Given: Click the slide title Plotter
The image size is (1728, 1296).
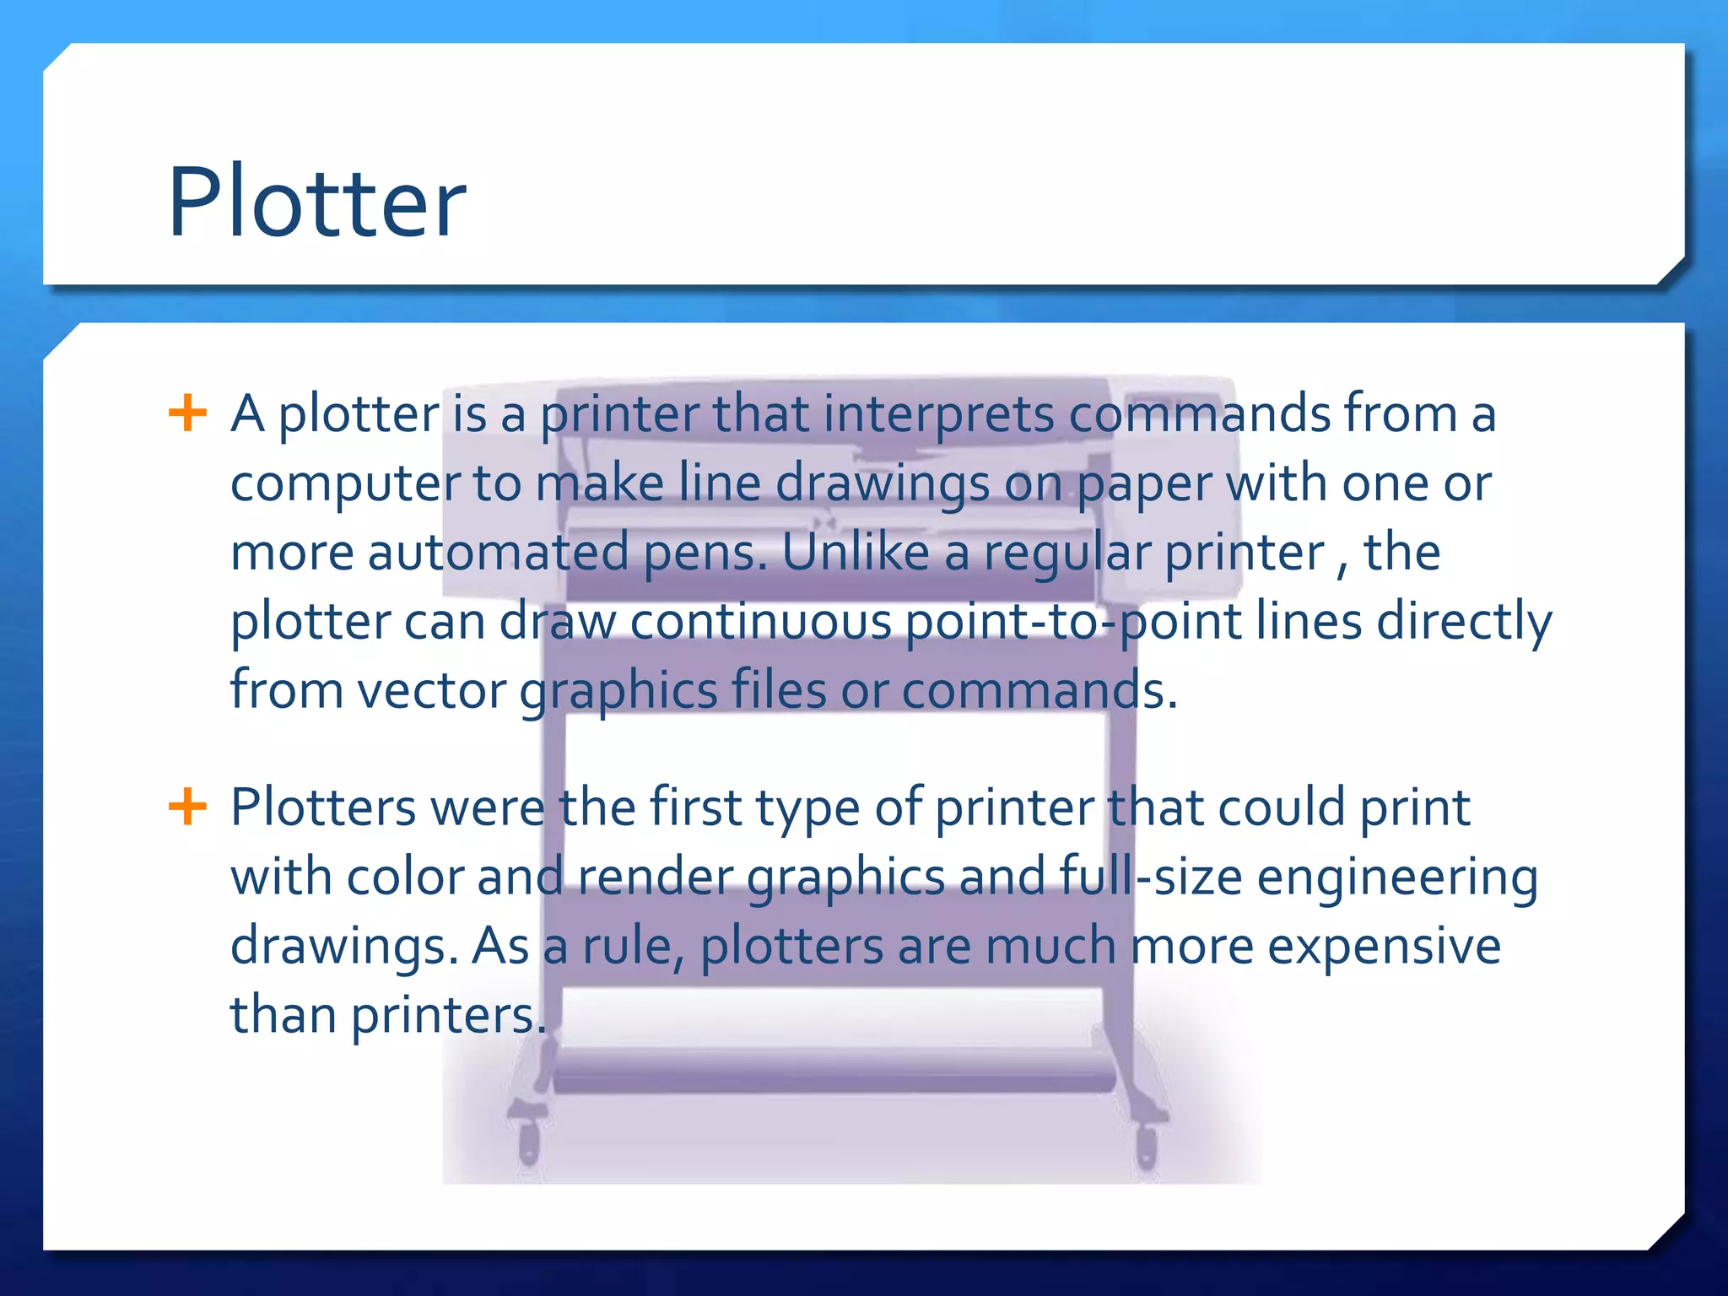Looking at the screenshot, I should point(316,202).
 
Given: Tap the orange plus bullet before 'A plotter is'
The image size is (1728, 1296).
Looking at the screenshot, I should point(187,413).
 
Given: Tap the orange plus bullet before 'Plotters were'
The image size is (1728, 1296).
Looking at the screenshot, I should point(187,807).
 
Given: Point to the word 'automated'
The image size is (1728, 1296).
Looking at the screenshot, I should point(498,553).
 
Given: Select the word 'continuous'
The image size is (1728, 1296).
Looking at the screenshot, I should point(760,622).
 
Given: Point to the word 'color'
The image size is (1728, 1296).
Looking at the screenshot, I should point(404,877).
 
